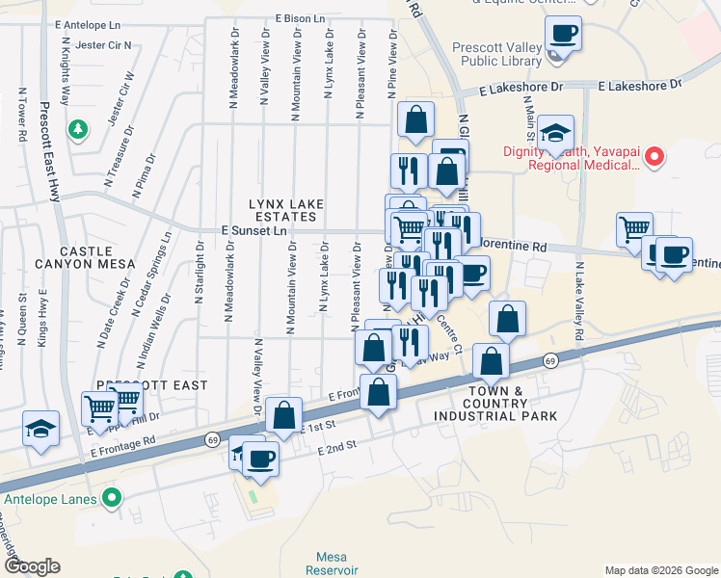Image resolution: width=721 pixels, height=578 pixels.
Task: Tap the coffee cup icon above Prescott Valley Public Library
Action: [x=563, y=35]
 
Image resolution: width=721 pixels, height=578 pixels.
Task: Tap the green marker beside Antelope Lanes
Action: [x=113, y=499]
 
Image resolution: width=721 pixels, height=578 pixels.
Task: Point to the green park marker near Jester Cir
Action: [x=76, y=128]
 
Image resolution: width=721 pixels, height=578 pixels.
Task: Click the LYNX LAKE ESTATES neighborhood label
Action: [x=282, y=211]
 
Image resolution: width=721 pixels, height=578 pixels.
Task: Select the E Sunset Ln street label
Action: [x=254, y=231]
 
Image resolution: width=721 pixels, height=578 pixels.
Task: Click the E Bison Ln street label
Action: [x=306, y=17]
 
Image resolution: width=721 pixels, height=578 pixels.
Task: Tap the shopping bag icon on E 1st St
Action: [x=284, y=415]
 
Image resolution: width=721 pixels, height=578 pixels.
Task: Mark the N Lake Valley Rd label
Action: [x=579, y=300]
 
